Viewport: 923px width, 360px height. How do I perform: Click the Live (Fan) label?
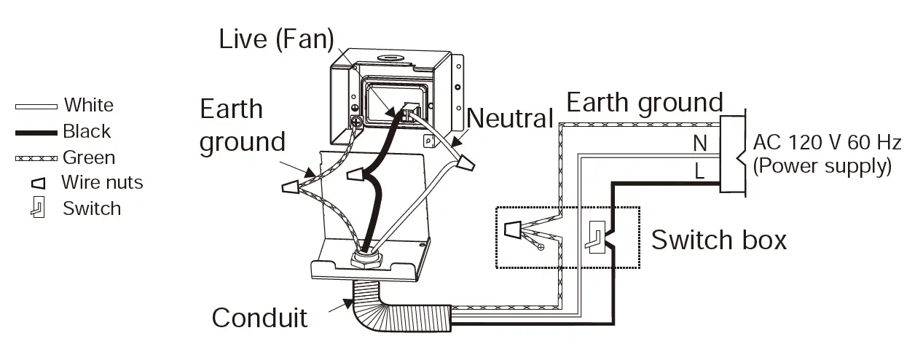[276, 39]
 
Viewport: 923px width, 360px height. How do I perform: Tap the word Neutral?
[510, 117]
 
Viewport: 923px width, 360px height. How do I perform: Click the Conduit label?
[259, 318]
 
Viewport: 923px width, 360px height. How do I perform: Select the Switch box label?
[718, 239]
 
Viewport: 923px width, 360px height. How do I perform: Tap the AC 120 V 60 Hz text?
[827, 142]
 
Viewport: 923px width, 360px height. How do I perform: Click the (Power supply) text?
[822, 166]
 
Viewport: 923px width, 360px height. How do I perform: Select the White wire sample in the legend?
[36, 106]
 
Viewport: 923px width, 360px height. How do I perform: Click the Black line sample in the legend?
[36, 133]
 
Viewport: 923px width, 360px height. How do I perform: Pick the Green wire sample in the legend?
[36, 158]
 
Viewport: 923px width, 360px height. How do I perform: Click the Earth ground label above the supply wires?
[644, 103]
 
